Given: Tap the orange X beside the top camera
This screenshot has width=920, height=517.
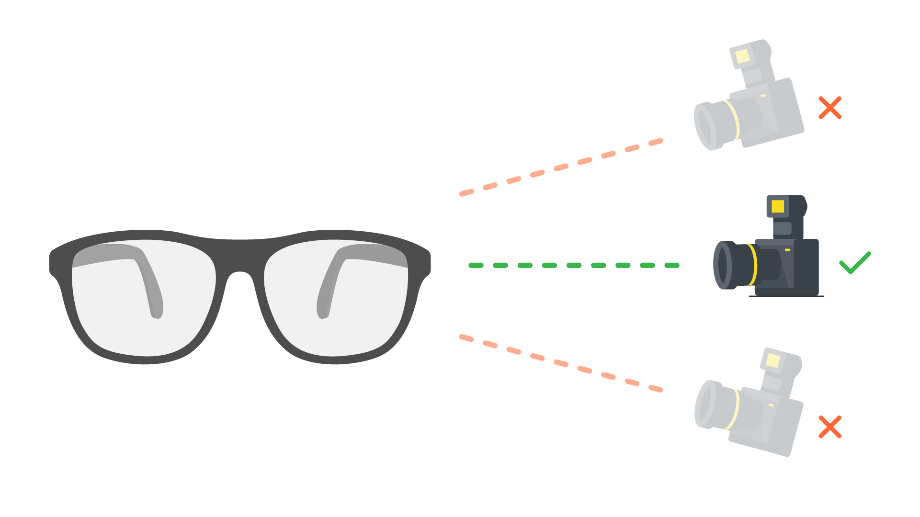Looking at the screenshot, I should click(x=830, y=108).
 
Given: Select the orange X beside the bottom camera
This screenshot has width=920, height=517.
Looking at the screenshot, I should click(x=830, y=427).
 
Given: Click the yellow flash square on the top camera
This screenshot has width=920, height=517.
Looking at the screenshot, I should click(x=742, y=56).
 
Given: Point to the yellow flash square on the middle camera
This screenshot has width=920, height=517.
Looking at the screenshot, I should click(x=778, y=206).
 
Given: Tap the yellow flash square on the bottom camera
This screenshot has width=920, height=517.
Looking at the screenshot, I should click(x=773, y=360).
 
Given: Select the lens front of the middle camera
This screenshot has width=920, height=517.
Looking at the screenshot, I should click(x=722, y=265).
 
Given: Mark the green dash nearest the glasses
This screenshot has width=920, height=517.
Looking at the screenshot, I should click(x=476, y=265).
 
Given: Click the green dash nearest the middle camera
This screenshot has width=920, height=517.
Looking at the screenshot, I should click(x=672, y=265).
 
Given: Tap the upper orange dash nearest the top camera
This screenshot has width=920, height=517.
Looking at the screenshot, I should click(x=656, y=142).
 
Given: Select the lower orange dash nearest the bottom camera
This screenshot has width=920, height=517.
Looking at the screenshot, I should click(x=656, y=389).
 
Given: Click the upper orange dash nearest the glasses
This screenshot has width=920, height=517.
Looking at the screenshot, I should click(x=466, y=193).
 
